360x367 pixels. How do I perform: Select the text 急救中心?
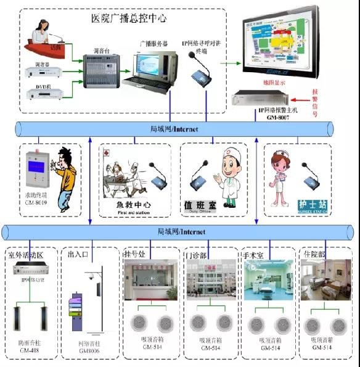(134, 205)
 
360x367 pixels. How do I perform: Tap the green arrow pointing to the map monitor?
(229, 62)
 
